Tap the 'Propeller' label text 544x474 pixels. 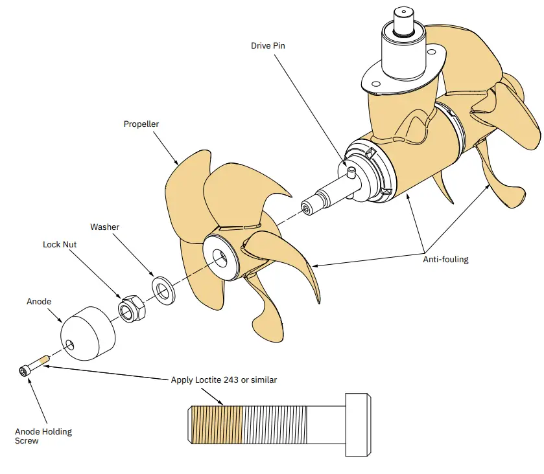141,124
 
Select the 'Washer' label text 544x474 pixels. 104,227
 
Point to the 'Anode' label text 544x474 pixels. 39,302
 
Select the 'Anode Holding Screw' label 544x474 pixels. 43,436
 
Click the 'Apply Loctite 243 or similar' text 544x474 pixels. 224,379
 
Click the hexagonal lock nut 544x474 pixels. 132,306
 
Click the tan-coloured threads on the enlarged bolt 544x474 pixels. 217,424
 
